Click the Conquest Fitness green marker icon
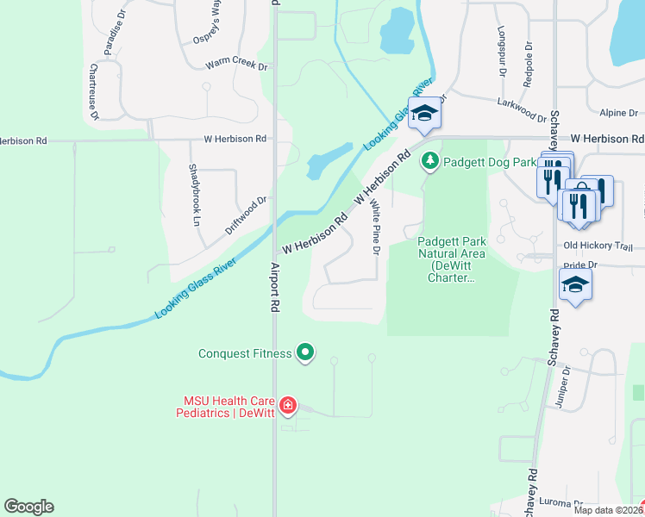tap(304, 352)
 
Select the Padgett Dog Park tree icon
tap(429, 161)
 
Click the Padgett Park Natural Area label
tap(453, 259)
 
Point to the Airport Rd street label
tap(275, 287)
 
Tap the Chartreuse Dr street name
tap(94, 92)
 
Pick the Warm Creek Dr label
tap(237, 65)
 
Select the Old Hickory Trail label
tap(598, 246)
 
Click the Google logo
tap(28, 507)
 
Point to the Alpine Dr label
tap(619, 113)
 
